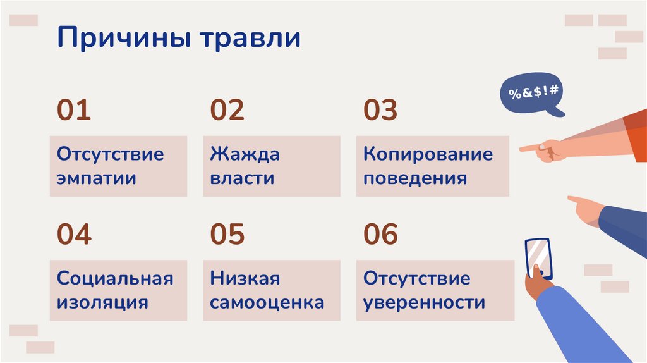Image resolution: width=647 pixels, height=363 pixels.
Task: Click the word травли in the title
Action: (251, 39)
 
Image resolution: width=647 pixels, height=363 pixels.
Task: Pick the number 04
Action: (75, 234)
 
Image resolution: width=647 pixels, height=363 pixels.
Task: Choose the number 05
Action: (227, 234)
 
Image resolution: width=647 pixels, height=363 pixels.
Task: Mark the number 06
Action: (380, 234)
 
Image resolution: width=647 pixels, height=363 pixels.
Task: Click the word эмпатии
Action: (97, 178)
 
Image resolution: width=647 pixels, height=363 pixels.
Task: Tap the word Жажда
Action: (245, 154)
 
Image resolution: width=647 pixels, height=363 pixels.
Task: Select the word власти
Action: (243, 178)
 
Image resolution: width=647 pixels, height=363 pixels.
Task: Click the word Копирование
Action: (428, 154)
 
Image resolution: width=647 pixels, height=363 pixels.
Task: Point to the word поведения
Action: (415, 178)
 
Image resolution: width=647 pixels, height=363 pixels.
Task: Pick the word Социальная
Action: (114, 278)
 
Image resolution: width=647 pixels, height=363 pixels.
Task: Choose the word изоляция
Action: (102, 302)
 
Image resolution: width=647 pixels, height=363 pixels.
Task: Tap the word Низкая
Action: (245, 278)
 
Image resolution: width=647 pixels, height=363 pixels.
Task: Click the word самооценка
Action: (267, 302)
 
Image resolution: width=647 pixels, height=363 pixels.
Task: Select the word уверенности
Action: (424, 302)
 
